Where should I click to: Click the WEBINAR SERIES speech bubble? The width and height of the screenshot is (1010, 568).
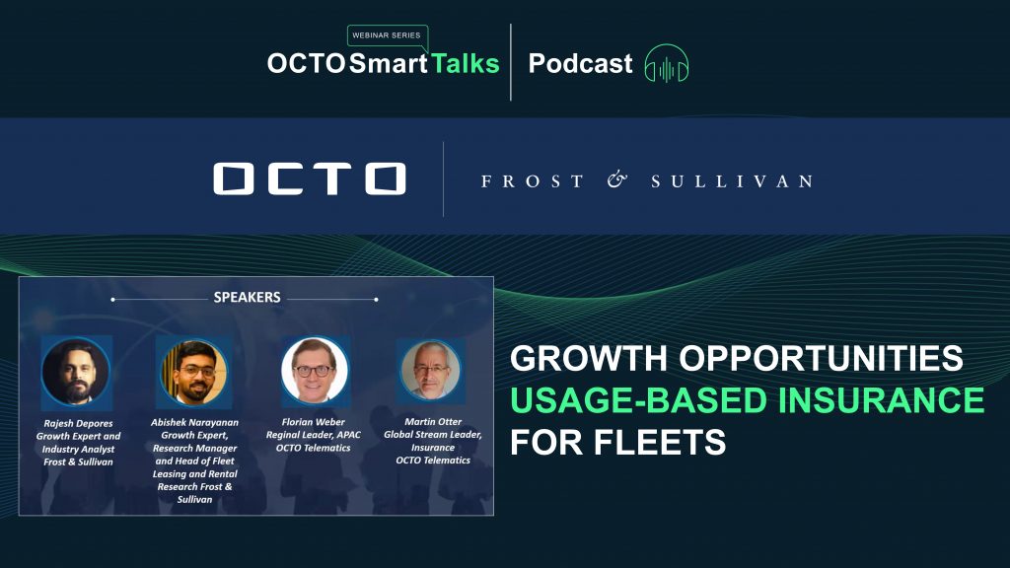[x=387, y=36]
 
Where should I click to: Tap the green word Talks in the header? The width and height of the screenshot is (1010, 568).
[x=466, y=64]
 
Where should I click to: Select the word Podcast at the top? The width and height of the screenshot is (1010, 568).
[x=580, y=64]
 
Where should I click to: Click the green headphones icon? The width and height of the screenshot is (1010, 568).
[x=667, y=64]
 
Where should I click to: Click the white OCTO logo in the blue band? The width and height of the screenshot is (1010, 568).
[x=310, y=179]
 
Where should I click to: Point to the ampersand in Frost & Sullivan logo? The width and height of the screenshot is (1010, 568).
[x=617, y=180]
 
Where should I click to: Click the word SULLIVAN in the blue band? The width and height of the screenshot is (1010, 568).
[x=733, y=181]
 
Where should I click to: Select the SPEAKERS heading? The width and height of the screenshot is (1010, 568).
[x=248, y=298]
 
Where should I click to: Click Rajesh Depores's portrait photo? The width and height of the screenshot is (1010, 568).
[x=76, y=372]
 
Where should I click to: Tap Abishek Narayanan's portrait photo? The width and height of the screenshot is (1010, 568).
[x=194, y=372]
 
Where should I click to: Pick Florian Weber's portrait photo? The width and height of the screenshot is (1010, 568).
[x=315, y=371]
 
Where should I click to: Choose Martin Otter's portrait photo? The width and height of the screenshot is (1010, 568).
[x=431, y=371]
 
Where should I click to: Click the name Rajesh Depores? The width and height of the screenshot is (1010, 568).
[x=78, y=424]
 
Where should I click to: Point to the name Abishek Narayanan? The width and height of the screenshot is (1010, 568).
[x=194, y=422]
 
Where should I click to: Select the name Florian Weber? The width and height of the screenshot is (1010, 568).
[x=313, y=422]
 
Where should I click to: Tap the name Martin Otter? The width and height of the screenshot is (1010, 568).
[x=433, y=421]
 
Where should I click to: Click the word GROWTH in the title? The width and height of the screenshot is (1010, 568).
[x=589, y=358]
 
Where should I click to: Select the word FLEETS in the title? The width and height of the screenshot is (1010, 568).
[x=660, y=443]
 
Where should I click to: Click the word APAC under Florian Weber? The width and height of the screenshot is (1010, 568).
[x=348, y=435]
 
